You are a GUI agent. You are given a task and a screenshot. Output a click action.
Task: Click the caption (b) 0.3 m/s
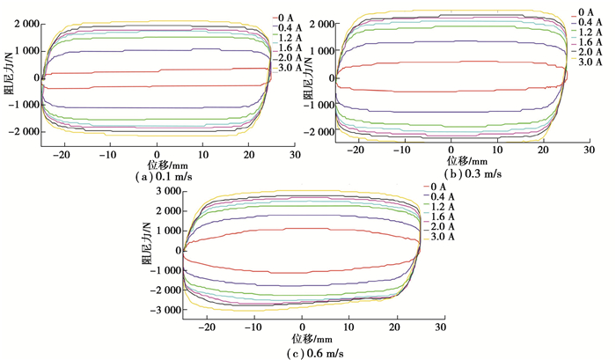pyautogui.click(x=466, y=174)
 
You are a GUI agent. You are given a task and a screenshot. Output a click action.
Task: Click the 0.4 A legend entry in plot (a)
pyautogui.click(x=290, y=28)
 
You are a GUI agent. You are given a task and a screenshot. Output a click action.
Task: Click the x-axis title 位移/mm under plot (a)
pyautogui.click(x=157, y=164)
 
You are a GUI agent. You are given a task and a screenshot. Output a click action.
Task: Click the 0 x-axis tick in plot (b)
pyautogui.click(x=451, y=151)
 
